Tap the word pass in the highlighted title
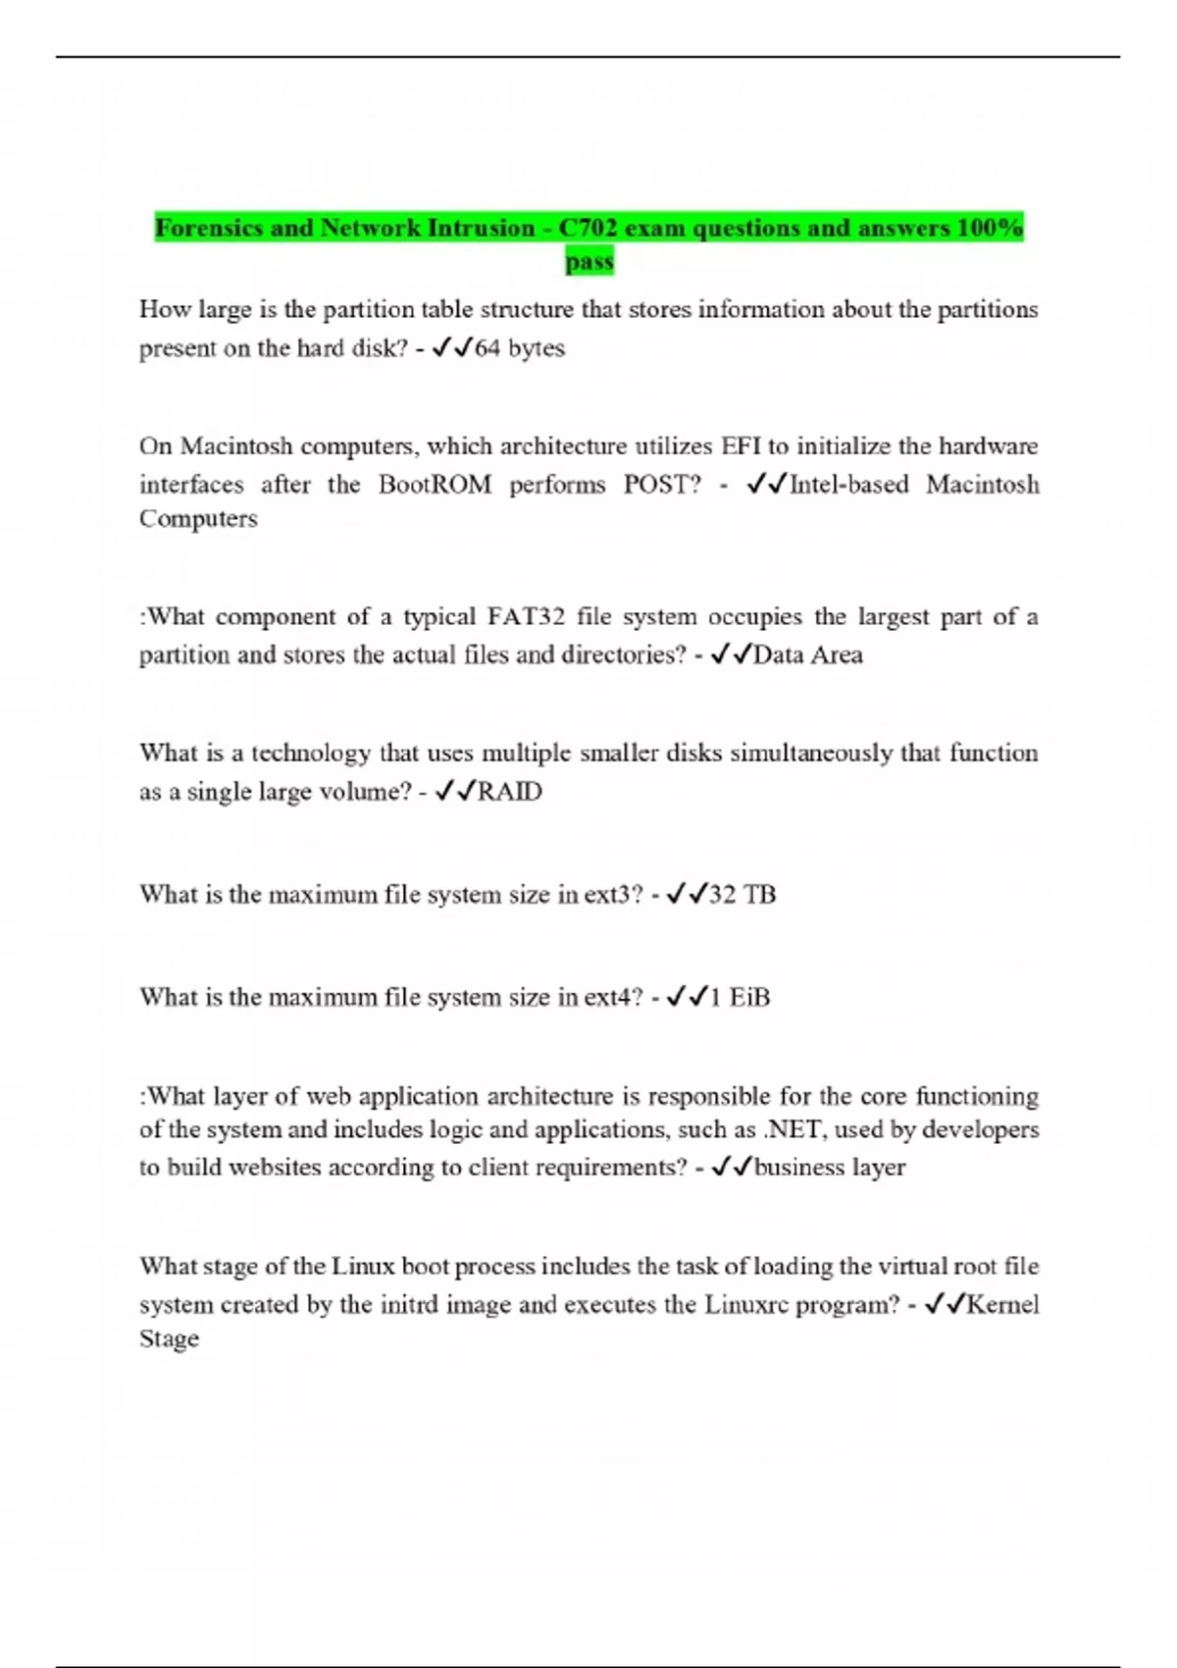click(x=589, y=262)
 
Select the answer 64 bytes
click(x=520, y=348)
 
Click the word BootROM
click(x=435, y=485)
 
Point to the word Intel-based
click(x=848, y=485)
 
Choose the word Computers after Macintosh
click(x=198, y=519)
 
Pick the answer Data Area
click(x=808, y=655)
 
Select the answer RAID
click(x=509, y=792)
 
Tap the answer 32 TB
click(x=742, y=895)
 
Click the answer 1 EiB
click(x=740, y=998)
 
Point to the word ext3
click(x=613, y=895)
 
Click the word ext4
click(x=613, y=998)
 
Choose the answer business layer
click(x=830, y=1168)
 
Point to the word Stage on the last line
click(x=169, y=1339)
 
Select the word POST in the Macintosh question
click(x=662, y=485)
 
